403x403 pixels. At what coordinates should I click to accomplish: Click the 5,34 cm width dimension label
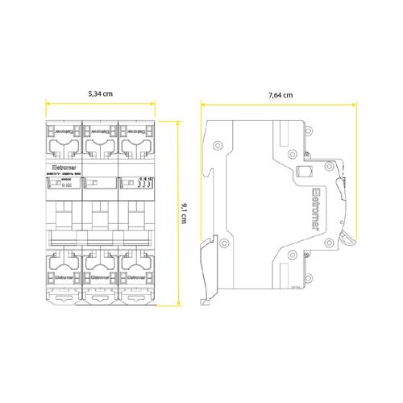[101, 94]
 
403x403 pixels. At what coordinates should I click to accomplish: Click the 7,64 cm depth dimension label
[280, 94]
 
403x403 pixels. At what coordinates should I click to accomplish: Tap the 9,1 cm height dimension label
[186, 216]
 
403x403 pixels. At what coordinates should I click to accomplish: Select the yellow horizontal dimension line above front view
[101, 104]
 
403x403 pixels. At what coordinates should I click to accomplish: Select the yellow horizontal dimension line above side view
[280, 104]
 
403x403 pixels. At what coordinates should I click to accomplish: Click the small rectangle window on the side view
[305, 170]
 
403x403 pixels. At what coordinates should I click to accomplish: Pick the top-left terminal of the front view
[64, 139]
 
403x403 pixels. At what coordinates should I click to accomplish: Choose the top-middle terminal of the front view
[101, 139]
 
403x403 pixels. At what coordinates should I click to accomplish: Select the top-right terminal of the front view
[136, 139]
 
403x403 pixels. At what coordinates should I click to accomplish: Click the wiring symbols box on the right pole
[136, 182]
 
